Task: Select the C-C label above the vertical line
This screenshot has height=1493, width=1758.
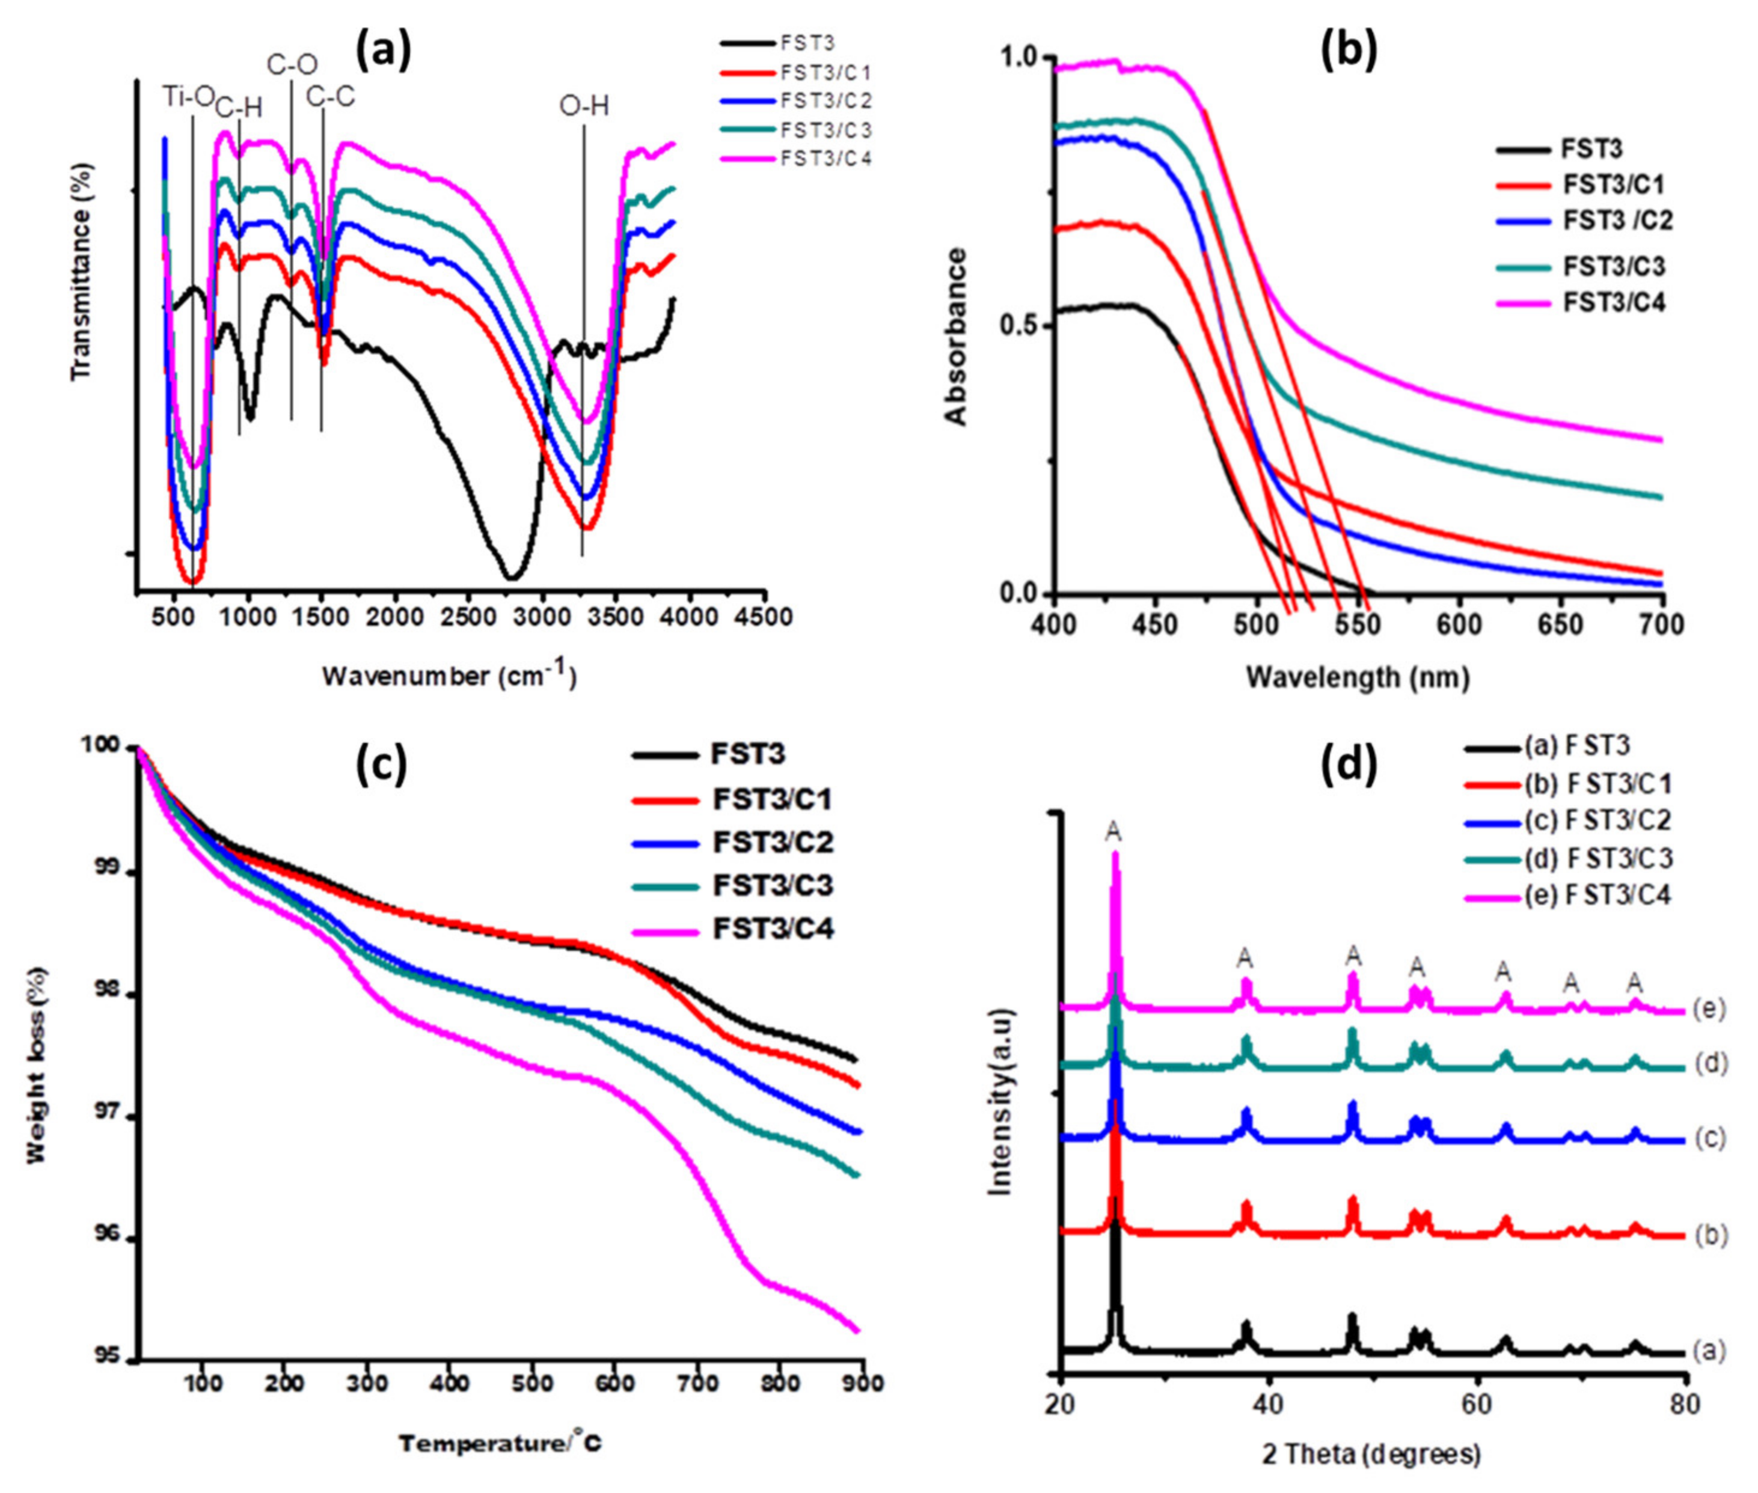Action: point(330,97)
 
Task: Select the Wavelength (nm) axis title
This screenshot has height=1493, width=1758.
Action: point(1358,677)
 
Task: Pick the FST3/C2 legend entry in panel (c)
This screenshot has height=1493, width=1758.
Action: point(773,841)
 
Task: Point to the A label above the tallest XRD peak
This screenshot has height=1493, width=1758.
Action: point(1114,832)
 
